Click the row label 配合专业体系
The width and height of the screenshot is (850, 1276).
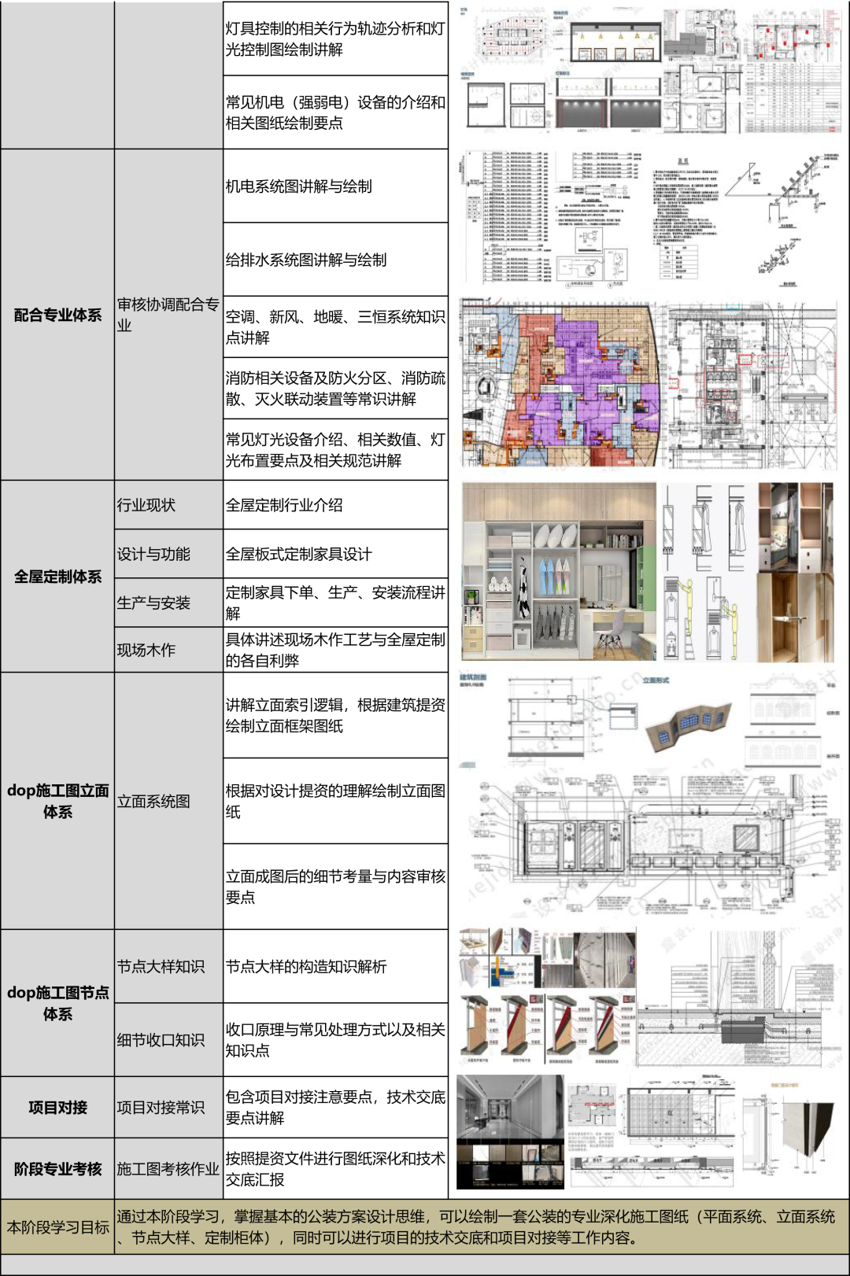(x=57, y=315)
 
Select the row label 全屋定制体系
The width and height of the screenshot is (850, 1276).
(x=57, y=577)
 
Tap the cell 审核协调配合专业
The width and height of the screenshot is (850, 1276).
(x=168, y=315)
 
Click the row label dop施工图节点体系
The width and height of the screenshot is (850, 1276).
(x=57, y=1003)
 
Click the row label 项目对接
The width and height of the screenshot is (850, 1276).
(x=57, y=1108)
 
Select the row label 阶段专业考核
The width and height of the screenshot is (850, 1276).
(x=57, y=1169)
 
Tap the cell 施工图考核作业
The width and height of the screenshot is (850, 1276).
(x=168, y=1169)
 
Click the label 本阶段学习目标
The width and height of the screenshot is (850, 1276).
(x=57, y=1227)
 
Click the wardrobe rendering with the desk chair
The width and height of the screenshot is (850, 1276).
(x=559, y=572)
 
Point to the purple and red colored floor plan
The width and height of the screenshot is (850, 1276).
(x=560, y=383)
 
